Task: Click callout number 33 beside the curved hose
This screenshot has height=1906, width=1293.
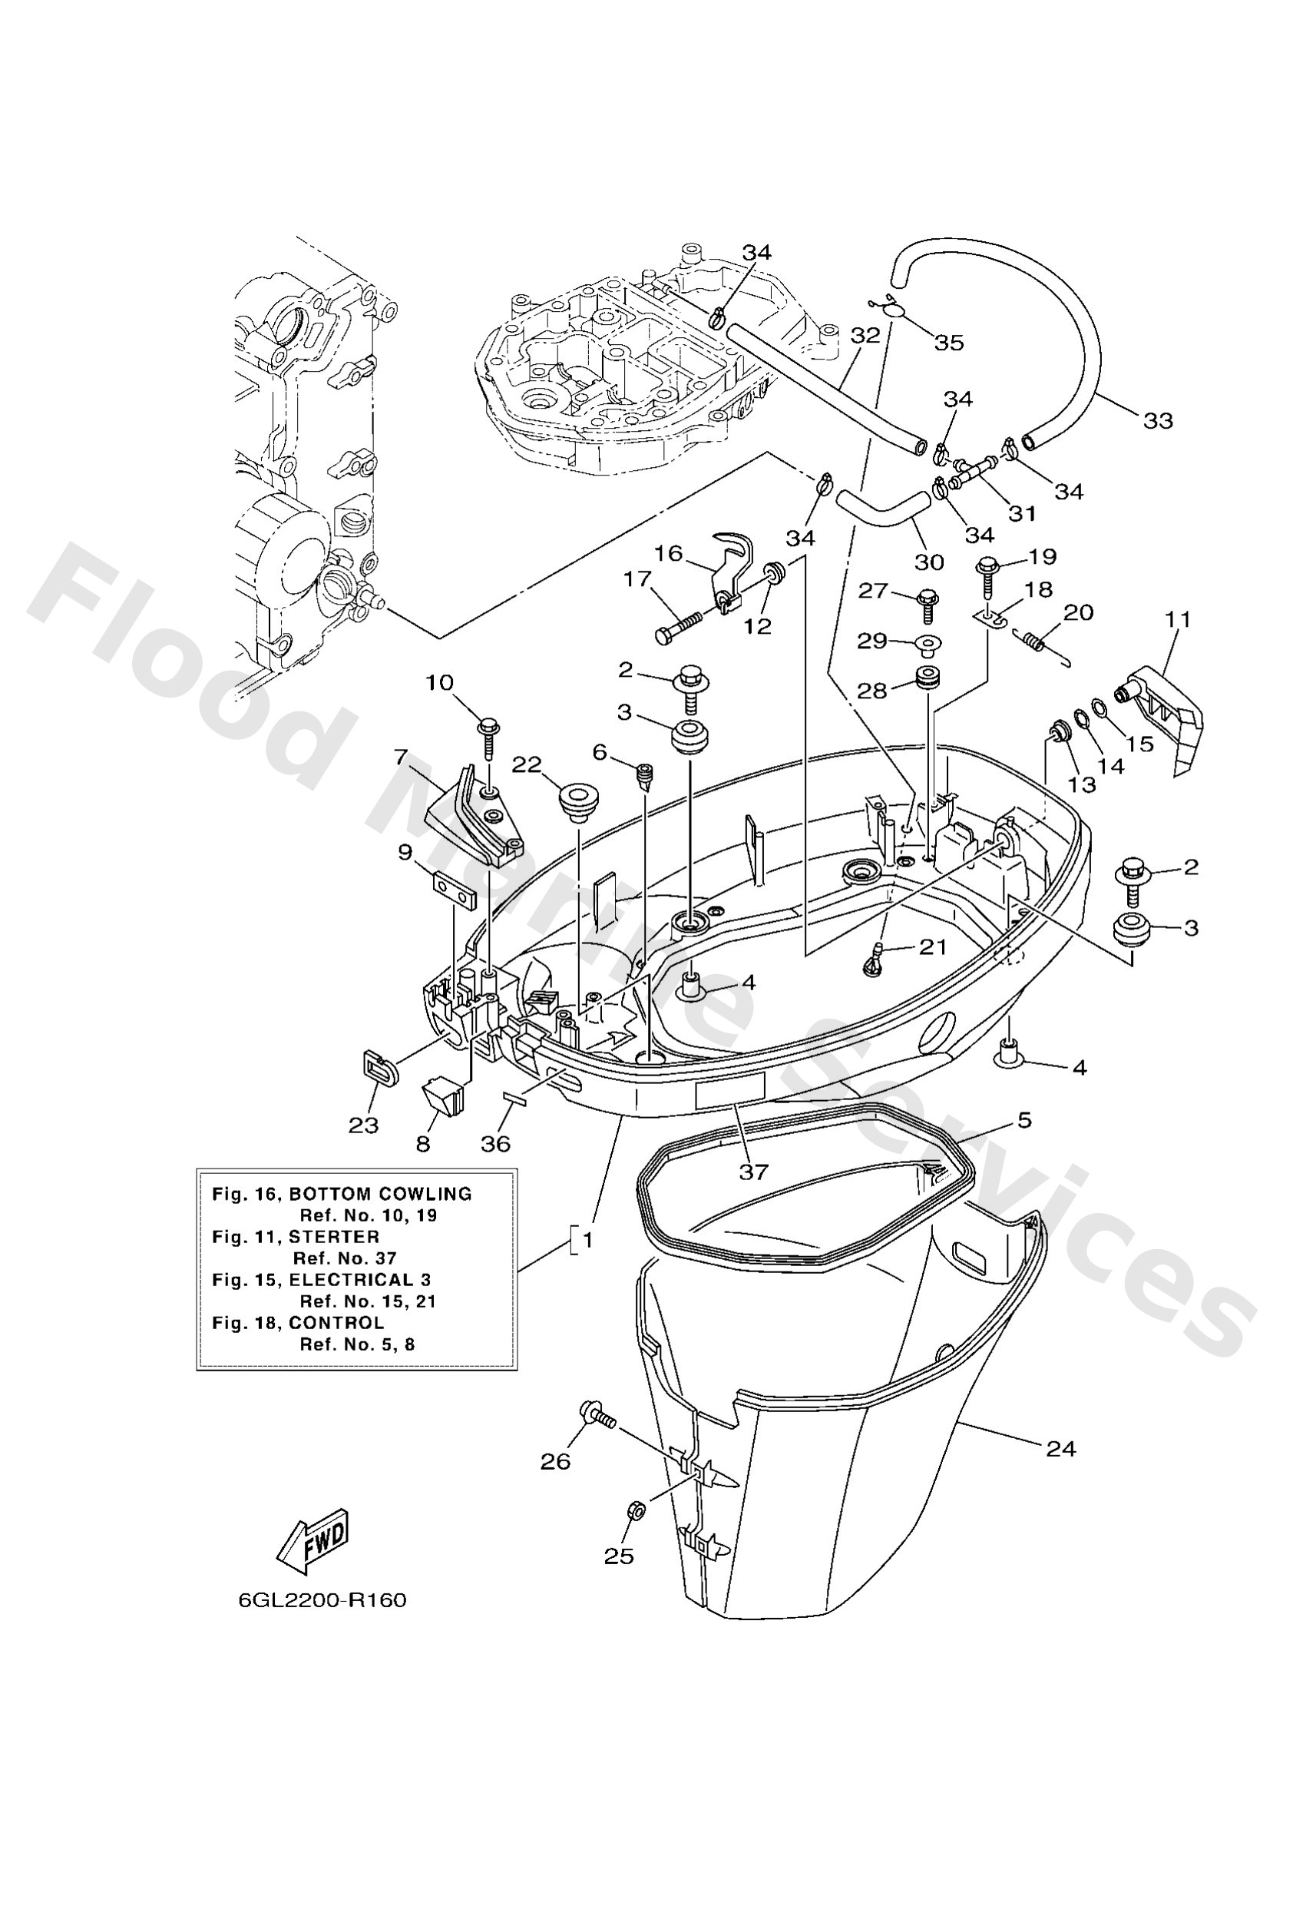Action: tap(1158, 421)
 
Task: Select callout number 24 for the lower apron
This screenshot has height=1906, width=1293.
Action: tap(1060, 1449)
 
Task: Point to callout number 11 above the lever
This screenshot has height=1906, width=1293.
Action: tap(1179, 618)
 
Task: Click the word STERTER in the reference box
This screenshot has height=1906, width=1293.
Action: tap(336, 1237)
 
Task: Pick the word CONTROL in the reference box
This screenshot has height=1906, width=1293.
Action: tap(336, 1322)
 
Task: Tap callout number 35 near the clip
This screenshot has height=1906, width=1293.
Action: tap(949, 343)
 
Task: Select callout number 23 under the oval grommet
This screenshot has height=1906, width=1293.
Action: tap(363, 1126)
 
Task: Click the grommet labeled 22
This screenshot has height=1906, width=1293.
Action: tap(579, 800)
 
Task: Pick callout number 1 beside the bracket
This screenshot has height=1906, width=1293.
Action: tap(587, 1241)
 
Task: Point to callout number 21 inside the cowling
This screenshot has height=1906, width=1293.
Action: tap(932, 947)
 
